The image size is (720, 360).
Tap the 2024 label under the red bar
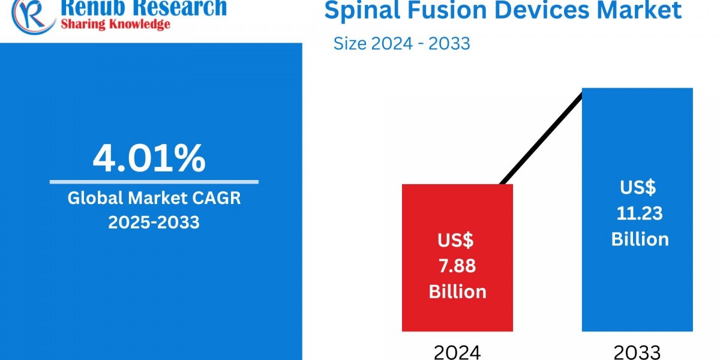(457, 352)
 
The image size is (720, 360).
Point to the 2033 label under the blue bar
(637, 352)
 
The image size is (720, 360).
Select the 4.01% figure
(149, 158)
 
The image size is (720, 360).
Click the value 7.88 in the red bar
(457, 266)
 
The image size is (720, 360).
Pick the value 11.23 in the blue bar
(640, 213)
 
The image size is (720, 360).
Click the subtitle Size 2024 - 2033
(401, 43)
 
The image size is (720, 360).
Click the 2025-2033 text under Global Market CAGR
(154, 222)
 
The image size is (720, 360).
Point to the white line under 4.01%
(154, 182)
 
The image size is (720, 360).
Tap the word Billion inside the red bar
(457, 292)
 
